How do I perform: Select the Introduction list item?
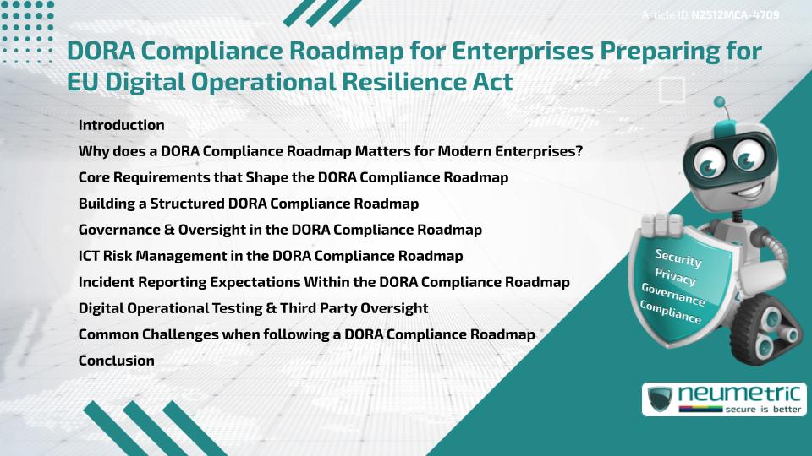[x=121, y=125]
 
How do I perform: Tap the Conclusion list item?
[x=116, y=361]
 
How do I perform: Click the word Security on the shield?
[x=678, y=258]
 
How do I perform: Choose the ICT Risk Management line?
[x=270, y=255]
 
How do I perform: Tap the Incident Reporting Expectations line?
[x=323, y=281]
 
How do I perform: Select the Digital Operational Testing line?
[x=253, y=308]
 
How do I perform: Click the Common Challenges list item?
[x=306, y=334]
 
